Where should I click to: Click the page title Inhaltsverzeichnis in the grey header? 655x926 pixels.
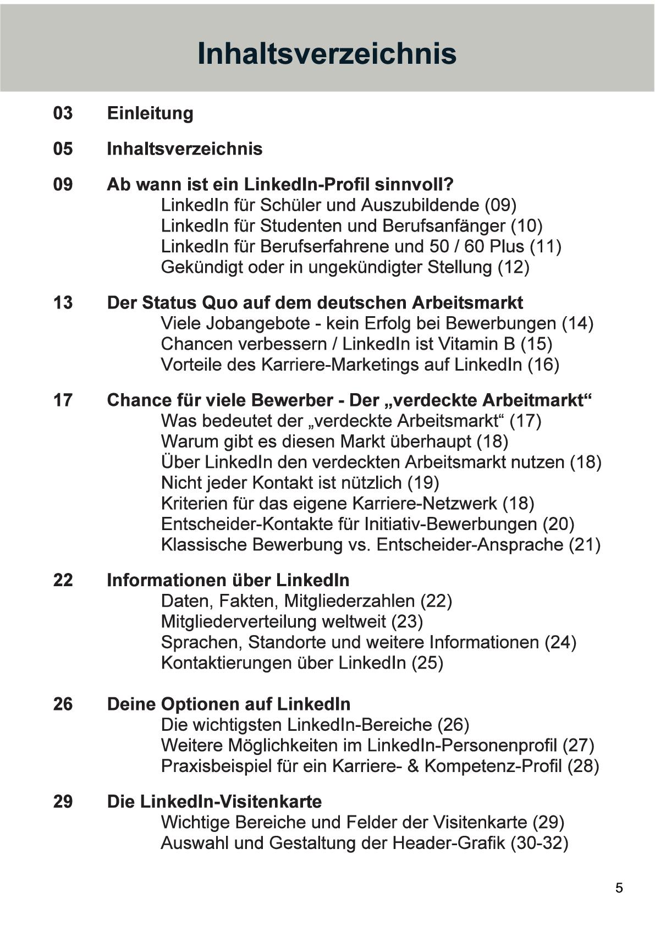[x=327, y=53]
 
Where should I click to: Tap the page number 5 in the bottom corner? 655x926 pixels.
[x=619, y=888]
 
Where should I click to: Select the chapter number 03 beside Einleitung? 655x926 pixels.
[x=63, y=113]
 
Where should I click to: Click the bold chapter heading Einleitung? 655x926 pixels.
[x=150, y=113]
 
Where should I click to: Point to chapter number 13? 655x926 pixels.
[x=63, y=302]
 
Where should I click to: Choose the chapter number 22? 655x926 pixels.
[x=63, y=580]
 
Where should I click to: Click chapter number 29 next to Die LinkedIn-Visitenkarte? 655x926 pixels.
[x=63, y=801]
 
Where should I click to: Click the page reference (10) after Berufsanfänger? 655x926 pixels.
[x=526, y=225]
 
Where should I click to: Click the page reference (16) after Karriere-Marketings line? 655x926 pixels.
[x=543, y=365]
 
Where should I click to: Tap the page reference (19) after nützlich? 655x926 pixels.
[x=423, y=483]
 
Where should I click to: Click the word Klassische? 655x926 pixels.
[x=203, y=545]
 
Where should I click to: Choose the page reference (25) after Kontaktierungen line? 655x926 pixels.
[x=427, y=663]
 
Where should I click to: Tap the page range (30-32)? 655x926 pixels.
[x=539, y=843]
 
